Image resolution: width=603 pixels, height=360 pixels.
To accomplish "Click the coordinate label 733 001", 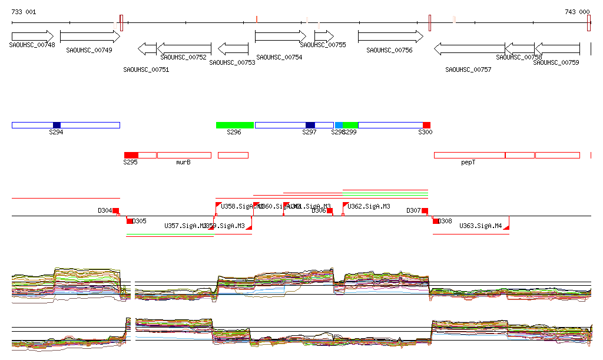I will click(x=24, y=12).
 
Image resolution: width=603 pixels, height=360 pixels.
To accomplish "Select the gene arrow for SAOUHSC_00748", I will click(x=32, y=37).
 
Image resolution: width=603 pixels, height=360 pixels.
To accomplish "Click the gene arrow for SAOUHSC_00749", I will click(x=90, y=37).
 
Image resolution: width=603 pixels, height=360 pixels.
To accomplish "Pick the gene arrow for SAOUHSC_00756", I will click(x=390, y=37).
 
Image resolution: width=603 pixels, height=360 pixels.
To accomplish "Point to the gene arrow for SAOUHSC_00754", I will click(x=280, y=37).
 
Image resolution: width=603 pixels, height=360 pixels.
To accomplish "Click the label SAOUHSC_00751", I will click(x=146, y=70).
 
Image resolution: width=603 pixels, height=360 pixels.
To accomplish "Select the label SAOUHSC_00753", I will click(x=232, y=62).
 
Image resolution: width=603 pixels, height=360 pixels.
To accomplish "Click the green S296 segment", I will click(x=235, y=125).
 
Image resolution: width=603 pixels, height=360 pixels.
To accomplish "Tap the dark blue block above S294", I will click(x=57, y=125).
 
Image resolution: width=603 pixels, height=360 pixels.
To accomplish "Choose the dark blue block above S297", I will click(x=310, y=125).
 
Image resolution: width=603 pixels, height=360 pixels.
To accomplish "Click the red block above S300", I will click(x=426, y=125).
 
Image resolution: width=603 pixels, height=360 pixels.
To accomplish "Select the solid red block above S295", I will click(x=131, y=155).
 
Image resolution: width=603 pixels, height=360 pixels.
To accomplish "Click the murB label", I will click(x=184, y=162).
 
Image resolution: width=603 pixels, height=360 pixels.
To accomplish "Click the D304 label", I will click(x=105, y=210).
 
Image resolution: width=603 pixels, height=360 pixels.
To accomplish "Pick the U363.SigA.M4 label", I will click(x=481, y=226).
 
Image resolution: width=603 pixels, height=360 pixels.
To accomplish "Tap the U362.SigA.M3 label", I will click(x=369, y=206).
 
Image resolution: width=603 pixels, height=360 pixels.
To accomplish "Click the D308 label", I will click(x=445, y=222).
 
